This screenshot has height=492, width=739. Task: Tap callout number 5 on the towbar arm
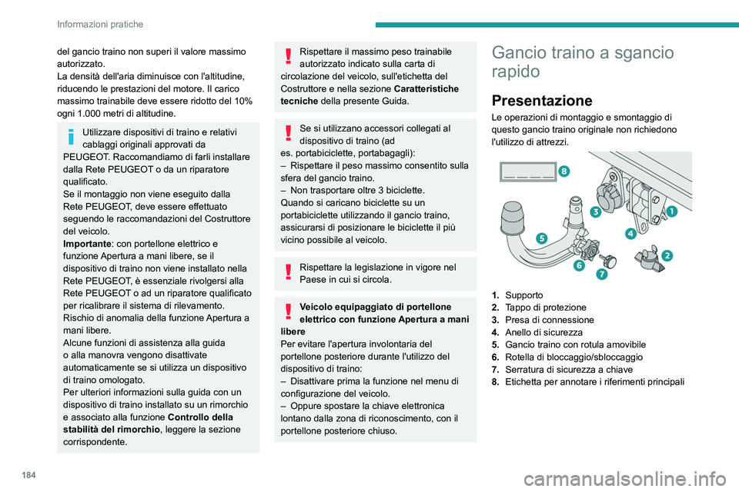point(542,238)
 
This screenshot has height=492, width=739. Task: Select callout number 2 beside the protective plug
point(667,254)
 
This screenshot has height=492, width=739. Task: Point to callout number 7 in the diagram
point(601,274)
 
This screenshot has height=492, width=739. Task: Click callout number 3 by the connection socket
point(596,211)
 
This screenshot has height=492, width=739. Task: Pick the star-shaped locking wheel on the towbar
point(590,248)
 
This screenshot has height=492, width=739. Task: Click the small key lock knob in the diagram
point(611,258)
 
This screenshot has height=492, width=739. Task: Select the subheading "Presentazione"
point(541,100)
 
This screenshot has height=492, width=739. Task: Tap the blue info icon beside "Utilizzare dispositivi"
point(71,136)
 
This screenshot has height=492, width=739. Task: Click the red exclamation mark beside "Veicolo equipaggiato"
point(288,311)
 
